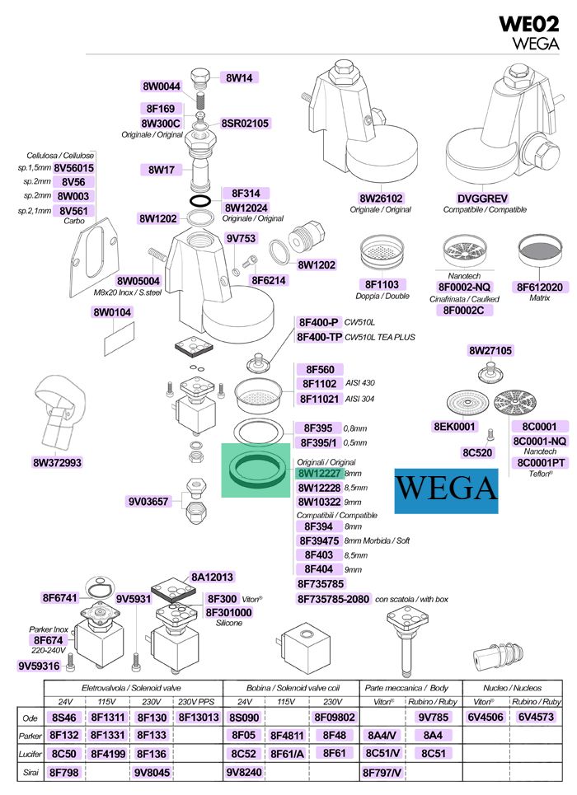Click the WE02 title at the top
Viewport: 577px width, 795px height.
(x=528, y=24)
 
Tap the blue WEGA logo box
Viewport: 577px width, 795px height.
(x=446, y=491)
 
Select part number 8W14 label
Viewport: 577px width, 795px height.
(x=239, y=77)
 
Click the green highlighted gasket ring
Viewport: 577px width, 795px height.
(x=256, y=470)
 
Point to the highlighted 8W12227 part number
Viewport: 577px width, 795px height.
(x=319, y=474)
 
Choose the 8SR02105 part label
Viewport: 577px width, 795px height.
(x=245, y=124)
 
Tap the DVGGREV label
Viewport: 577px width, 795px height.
(x=482, y=199)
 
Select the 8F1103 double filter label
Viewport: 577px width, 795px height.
(x=382, y=284)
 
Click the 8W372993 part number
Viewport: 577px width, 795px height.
(x=58, y=462)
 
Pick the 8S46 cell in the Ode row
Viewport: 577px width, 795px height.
(x=64, y=718)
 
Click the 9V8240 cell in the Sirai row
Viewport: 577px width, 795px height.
(x=244, y=772)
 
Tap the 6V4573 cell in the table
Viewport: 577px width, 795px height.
(x=536, y=717)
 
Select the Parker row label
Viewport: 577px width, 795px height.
(x=30, y=736)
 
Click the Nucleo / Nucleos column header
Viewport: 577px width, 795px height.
(x=512, y=688)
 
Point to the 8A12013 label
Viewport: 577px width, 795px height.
(x=212, y=577)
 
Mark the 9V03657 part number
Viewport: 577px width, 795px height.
(x=148, y=502)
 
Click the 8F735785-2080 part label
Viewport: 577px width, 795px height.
(x=333, y=599)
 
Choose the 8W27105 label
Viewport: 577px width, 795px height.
(x=490, y=350)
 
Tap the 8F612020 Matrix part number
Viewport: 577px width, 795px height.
(x=539, y=287)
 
